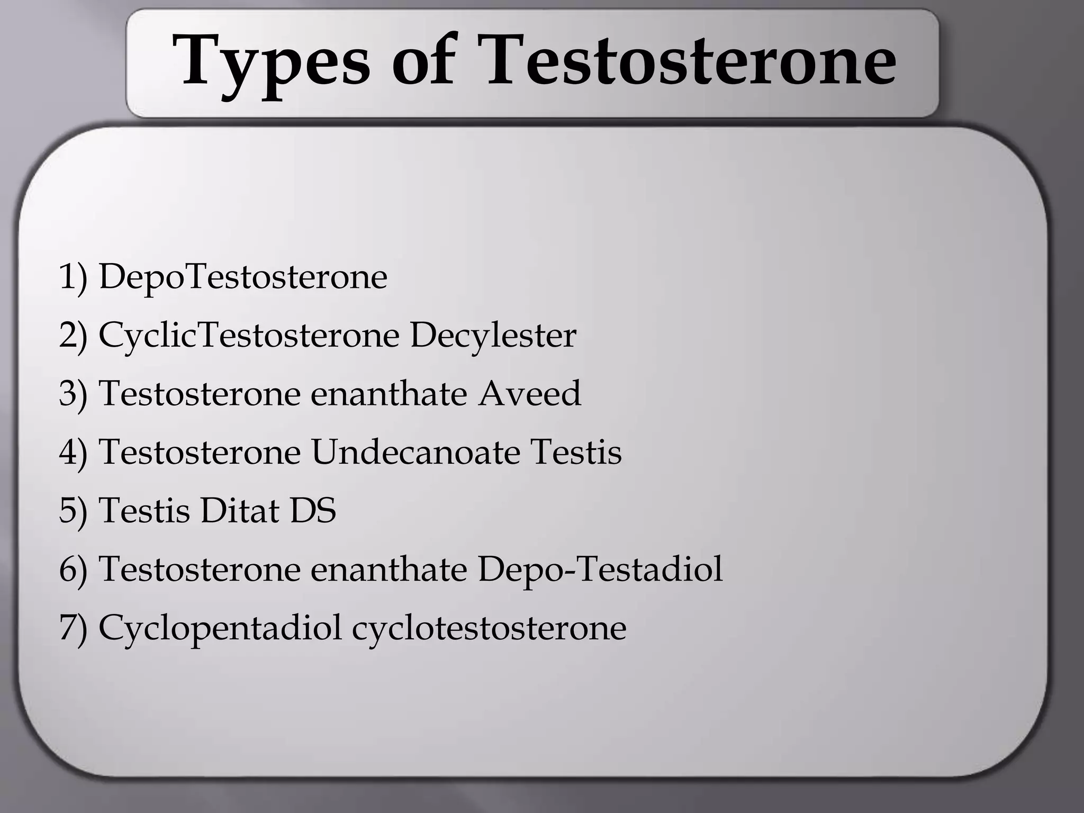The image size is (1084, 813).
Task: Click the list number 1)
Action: point(73,277)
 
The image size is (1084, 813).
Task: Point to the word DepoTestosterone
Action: point(243,277)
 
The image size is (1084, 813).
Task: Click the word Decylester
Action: point(493,336)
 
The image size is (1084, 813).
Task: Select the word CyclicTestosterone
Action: point(249,336)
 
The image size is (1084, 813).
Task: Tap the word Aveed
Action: point(529,394)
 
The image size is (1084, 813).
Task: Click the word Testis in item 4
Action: point(576,453)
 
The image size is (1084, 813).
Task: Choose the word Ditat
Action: point(240,511)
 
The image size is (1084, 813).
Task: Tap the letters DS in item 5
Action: point(312,511)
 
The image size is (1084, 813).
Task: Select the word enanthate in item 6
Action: point(389,570)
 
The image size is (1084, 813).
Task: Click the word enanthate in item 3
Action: point(389,394)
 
